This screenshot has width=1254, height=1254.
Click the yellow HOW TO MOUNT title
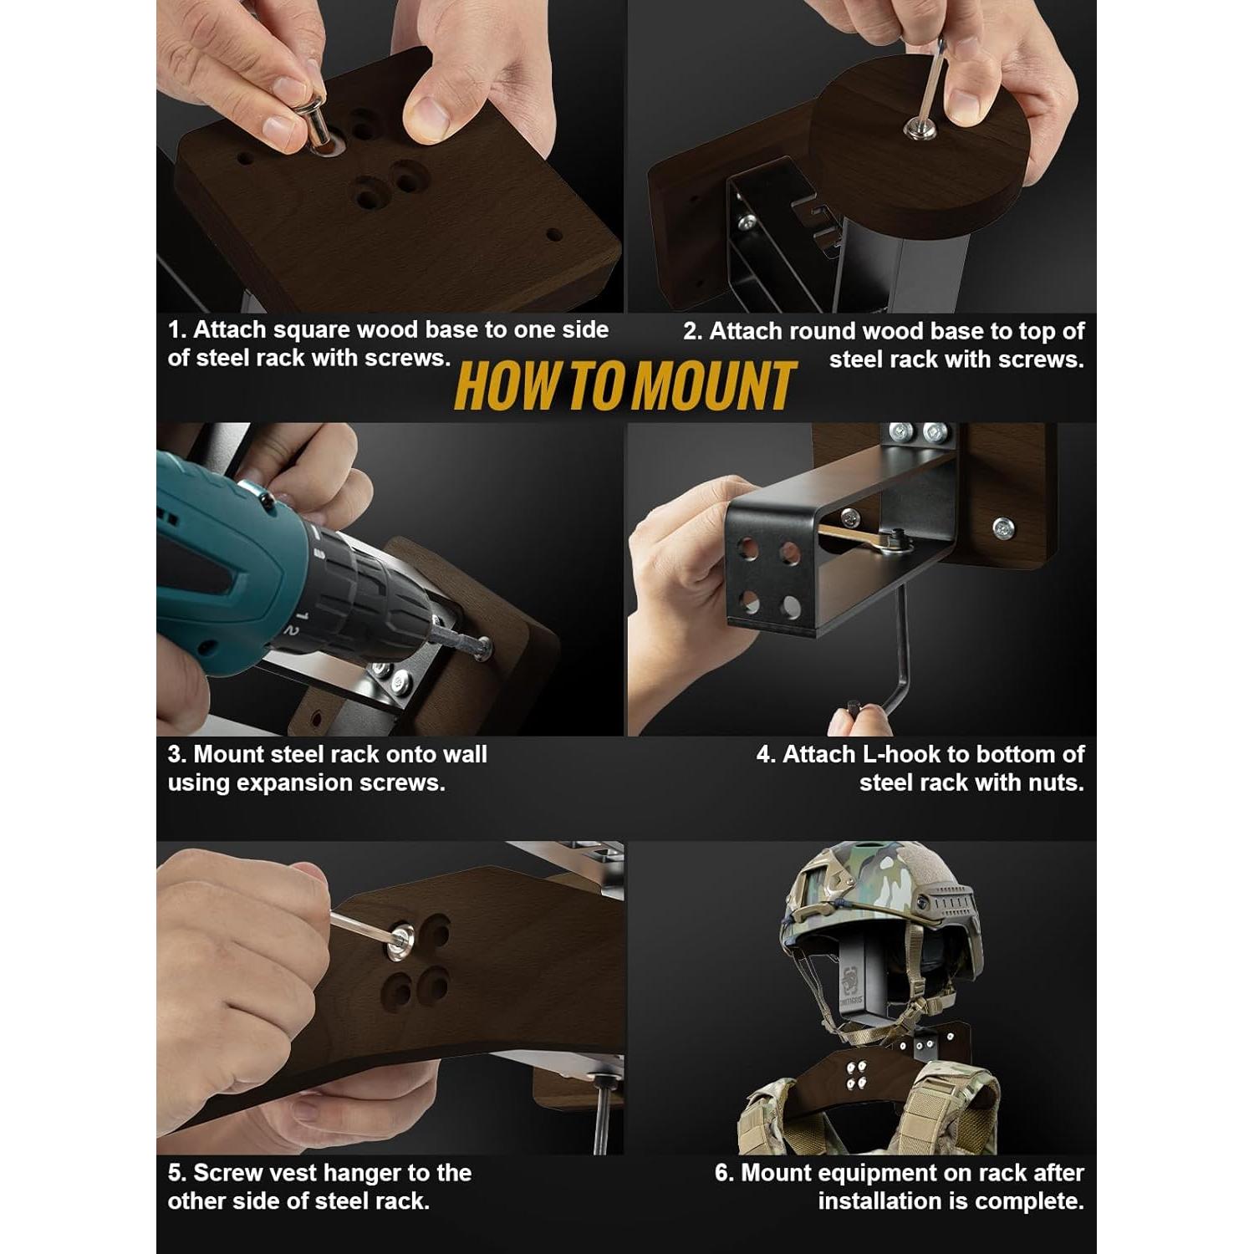point(625,386)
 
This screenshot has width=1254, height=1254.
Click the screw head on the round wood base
point(920,127)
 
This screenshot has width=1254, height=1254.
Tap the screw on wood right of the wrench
point(1002,528)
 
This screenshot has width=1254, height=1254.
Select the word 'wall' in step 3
point(465,754)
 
